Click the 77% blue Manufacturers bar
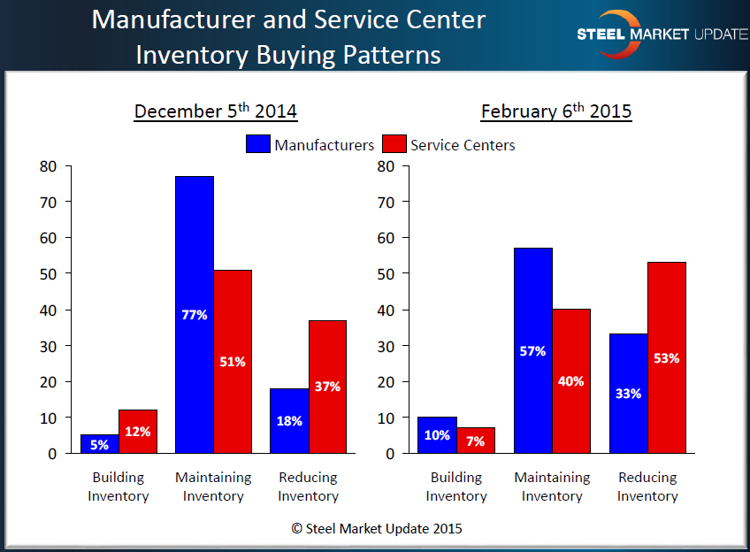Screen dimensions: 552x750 tap(195, 314)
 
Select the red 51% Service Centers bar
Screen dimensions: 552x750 tap(233, 361)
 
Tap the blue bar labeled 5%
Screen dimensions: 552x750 tap(99, 444)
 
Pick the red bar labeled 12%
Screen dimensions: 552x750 tap(137, 432)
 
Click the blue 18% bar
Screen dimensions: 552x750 tap(289, 420)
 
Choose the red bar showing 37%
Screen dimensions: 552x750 tap(327, 387)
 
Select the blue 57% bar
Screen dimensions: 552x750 tap(533, 350)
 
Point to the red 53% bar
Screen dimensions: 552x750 tap(666, 357)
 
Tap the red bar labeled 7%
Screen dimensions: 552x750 tap(476, 441)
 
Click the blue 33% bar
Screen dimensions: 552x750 tap(628, 394)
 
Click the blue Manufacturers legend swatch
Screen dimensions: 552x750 tap(258, 144)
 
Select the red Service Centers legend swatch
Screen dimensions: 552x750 tap(394, 144)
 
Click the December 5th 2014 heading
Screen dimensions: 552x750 tap(216, 112)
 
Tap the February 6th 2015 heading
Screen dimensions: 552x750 tap(556, 112)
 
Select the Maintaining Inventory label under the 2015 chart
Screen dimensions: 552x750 tap(552, 487)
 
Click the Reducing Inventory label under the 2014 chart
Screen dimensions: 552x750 tap(308, 487)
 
